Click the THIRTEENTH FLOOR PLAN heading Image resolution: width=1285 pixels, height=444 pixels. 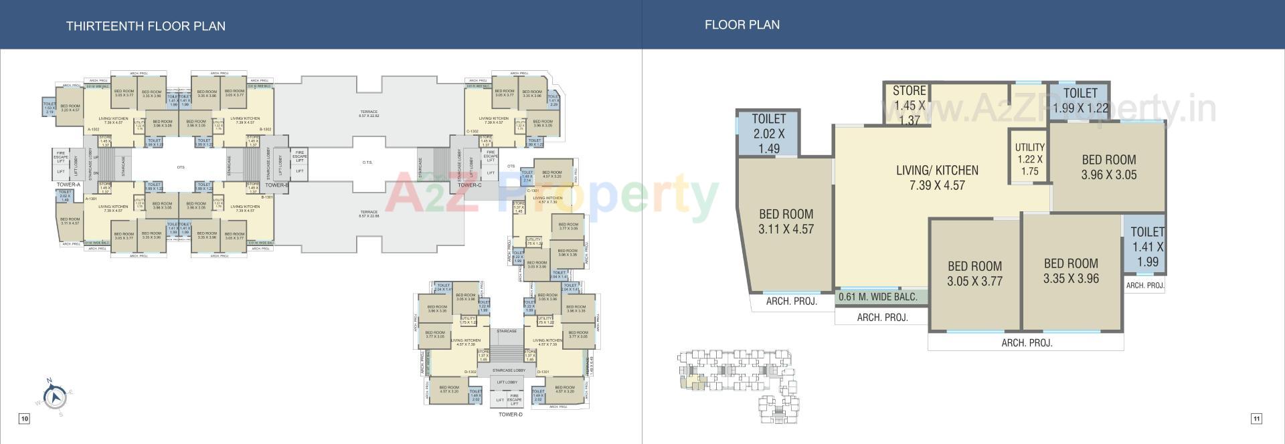point(145,26)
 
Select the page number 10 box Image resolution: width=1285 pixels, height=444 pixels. point(24,419)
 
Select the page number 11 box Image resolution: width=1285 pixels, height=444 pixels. point(1256,419)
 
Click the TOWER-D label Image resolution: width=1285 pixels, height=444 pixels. point(510,415)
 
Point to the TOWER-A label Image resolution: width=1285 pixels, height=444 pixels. point(68,185)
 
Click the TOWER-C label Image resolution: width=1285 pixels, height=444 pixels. point(469,185)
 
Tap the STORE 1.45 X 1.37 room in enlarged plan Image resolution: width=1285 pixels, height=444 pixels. point(909,105)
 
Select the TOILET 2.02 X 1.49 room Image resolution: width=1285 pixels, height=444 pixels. point(768,133)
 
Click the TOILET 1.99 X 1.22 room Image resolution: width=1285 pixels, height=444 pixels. point(1080,101)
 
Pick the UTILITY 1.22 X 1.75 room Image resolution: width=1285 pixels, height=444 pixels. point(1029,158)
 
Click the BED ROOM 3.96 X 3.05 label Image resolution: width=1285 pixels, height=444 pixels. point(1108,167)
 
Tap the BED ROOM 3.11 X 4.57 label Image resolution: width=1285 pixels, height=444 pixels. point(786,221)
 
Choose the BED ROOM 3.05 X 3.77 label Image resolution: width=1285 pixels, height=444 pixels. point(974,273)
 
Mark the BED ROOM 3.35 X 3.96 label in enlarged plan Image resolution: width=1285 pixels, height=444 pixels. point(1071,271)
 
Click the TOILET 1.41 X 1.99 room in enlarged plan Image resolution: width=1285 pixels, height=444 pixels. point(1146,247)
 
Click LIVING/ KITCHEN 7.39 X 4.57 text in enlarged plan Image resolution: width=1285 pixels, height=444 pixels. point(937,177)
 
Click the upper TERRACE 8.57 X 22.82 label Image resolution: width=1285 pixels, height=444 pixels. point(369,114)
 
